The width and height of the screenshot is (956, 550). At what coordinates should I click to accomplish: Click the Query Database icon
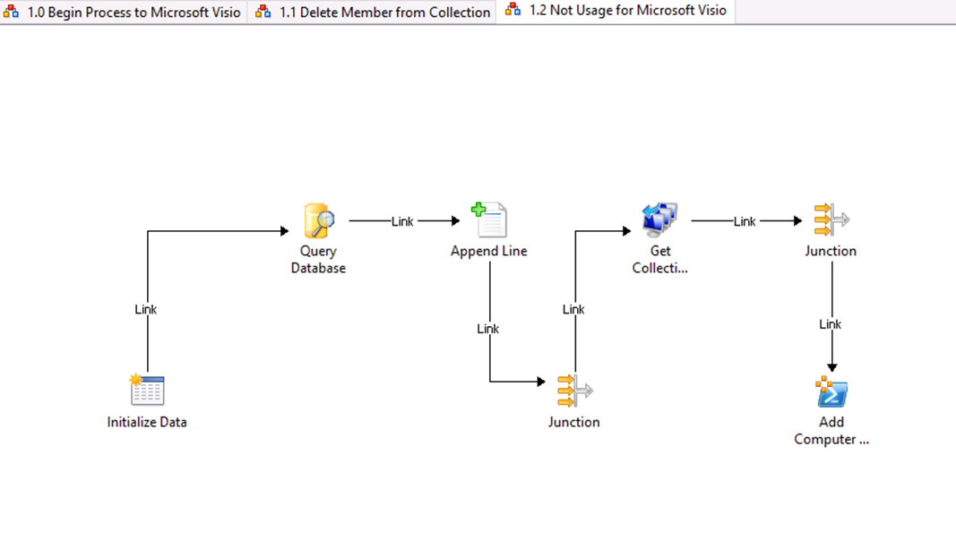319,220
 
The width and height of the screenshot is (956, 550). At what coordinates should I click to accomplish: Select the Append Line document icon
489,219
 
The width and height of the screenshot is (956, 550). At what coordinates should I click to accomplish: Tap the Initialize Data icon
147,391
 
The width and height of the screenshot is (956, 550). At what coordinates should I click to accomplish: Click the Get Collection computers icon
659,219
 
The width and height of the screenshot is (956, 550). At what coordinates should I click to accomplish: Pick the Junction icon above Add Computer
831,219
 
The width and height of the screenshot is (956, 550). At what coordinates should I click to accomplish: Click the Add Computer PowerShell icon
831,391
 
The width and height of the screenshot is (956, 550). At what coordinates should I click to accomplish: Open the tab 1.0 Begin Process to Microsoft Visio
124,13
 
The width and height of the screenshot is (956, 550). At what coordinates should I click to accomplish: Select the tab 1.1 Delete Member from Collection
373,13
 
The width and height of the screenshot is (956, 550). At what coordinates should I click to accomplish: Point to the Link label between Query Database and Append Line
402,221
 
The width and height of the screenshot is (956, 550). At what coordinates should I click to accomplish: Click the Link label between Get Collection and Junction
745,221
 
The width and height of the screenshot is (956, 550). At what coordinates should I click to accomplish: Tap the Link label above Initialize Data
146,309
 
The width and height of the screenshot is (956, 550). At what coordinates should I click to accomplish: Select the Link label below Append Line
487,329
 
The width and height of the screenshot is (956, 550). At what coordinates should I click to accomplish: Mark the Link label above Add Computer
830,323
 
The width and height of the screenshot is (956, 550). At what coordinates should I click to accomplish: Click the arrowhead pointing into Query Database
284,231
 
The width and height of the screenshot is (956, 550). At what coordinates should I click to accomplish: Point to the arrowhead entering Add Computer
831,367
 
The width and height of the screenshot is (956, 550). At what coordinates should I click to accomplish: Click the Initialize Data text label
147,422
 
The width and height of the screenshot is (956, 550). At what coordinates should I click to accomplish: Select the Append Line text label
489,251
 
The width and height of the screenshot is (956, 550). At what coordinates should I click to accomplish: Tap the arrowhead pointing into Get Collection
626,231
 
